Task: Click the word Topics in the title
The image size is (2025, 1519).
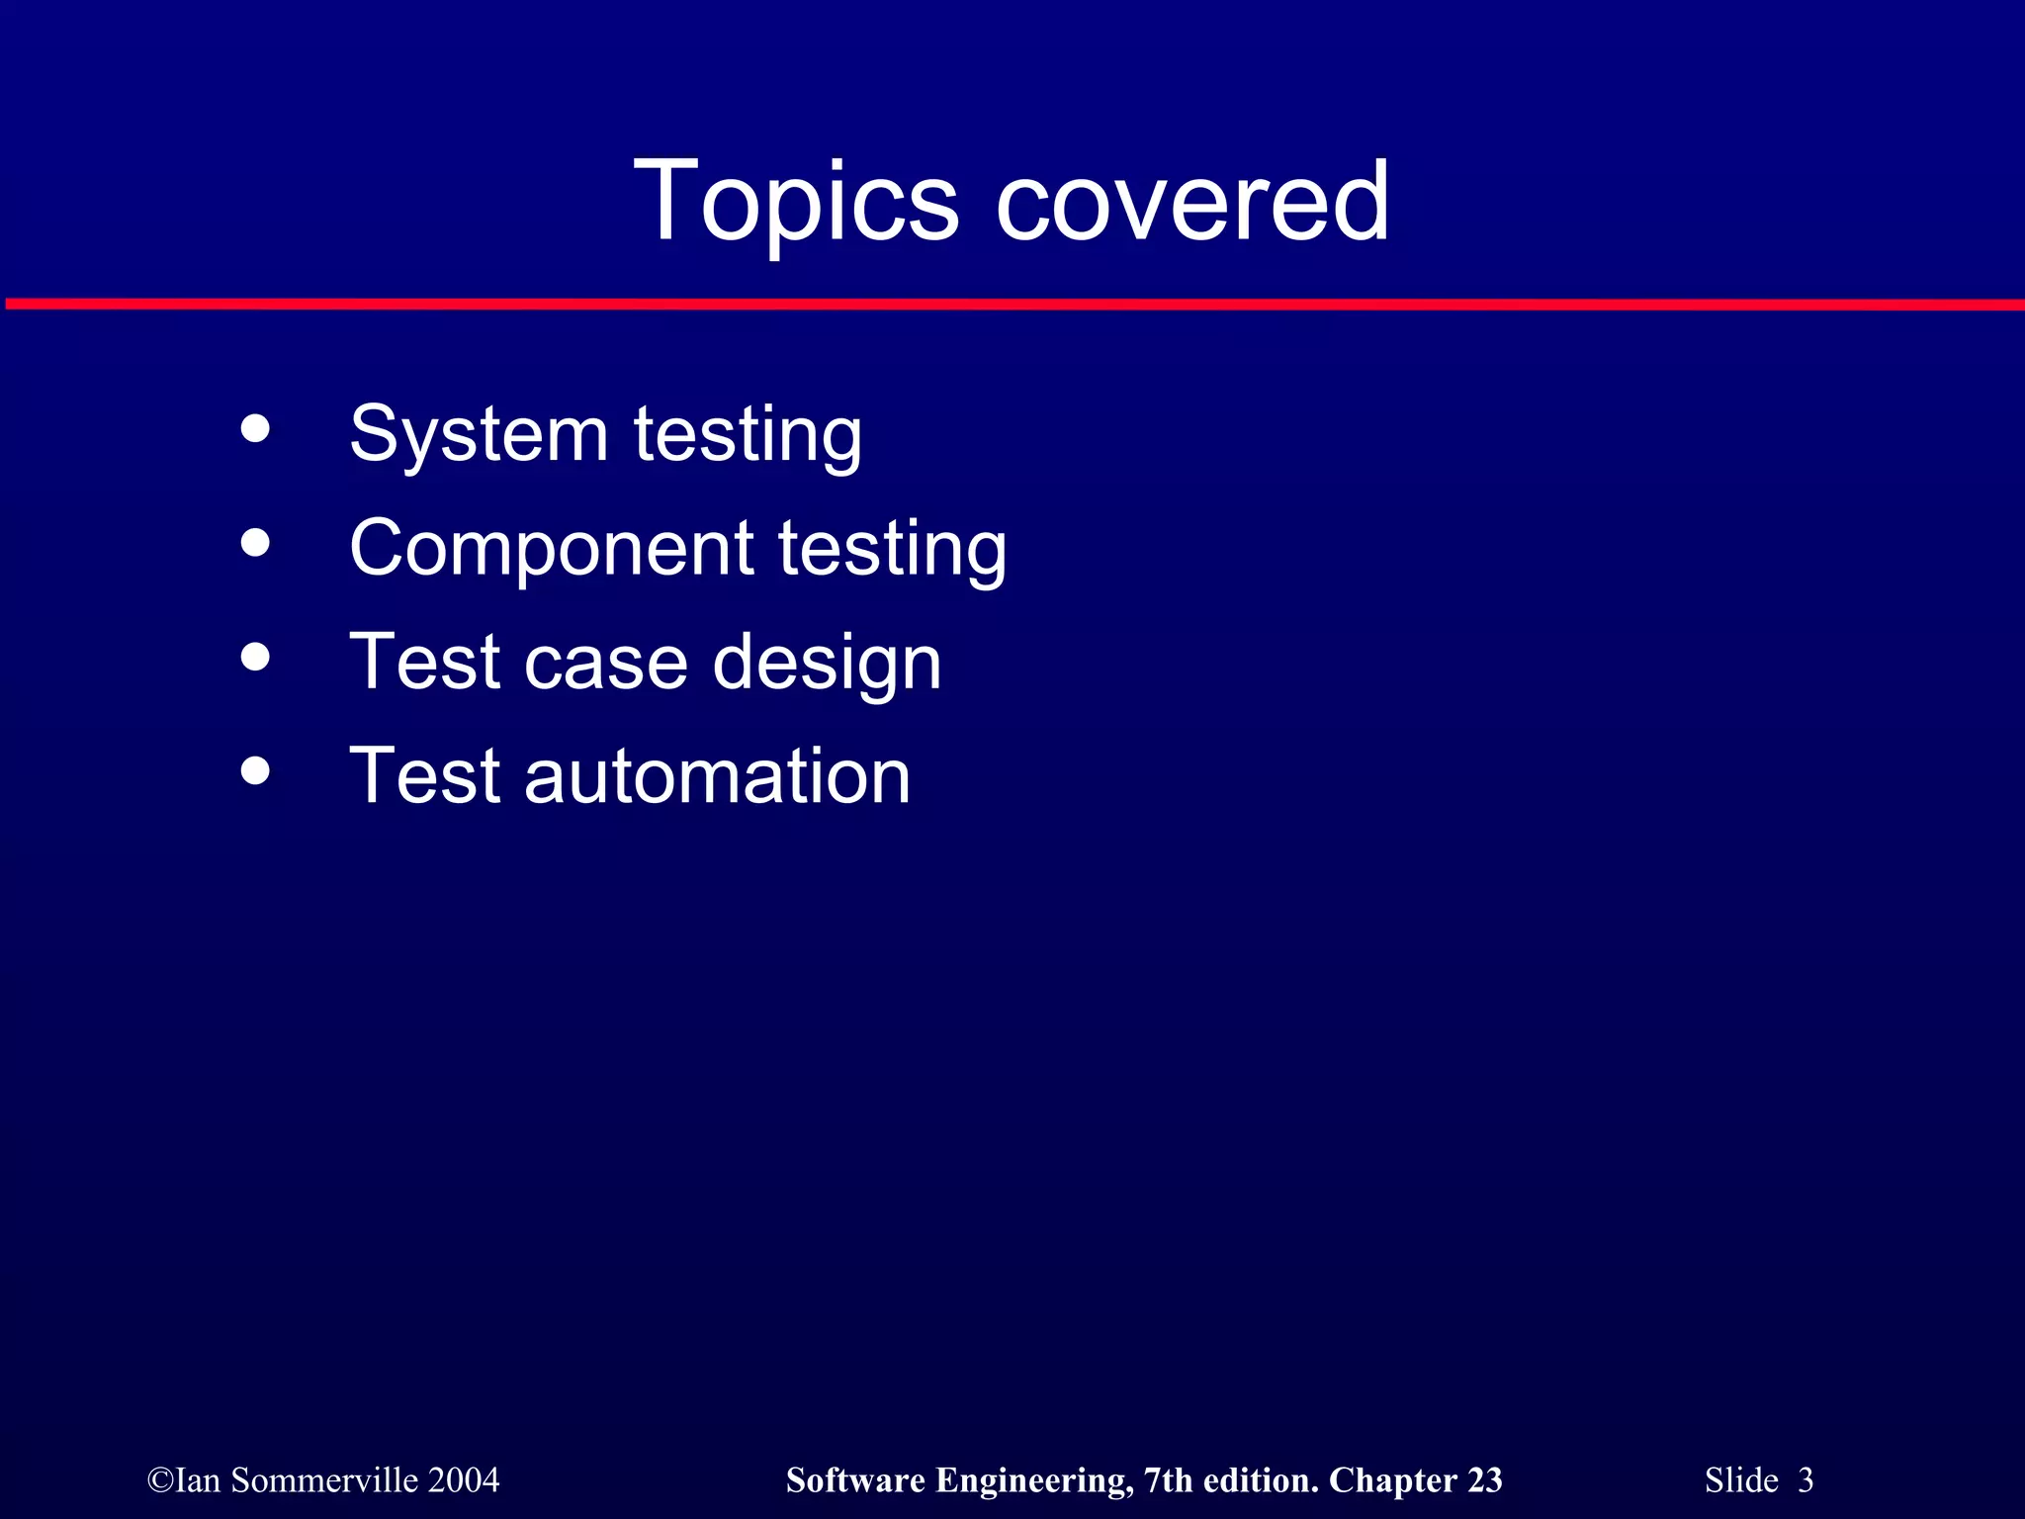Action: coord(796,203)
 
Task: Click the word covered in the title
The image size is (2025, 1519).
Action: coord(1192,203)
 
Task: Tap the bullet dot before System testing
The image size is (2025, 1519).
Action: coord(255,428)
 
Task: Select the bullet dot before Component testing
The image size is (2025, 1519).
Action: coord(255,542)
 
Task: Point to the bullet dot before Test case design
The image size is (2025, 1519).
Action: coord(255,657)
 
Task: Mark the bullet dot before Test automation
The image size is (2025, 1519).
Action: coord(255,770)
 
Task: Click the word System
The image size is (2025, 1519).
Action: coord(479,435)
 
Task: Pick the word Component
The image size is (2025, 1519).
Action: coord(552,548)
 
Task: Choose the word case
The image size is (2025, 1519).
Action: coord(605,663)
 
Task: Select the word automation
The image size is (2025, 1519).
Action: coord(717,776)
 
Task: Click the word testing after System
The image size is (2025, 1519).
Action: coord(748,435)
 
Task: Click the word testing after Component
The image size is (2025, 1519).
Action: coord(892,550)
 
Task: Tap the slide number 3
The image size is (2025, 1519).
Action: coord(1805,1480)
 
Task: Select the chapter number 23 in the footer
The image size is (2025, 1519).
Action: coord(1484,1480)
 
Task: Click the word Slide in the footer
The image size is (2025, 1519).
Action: coord(1741,1480)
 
